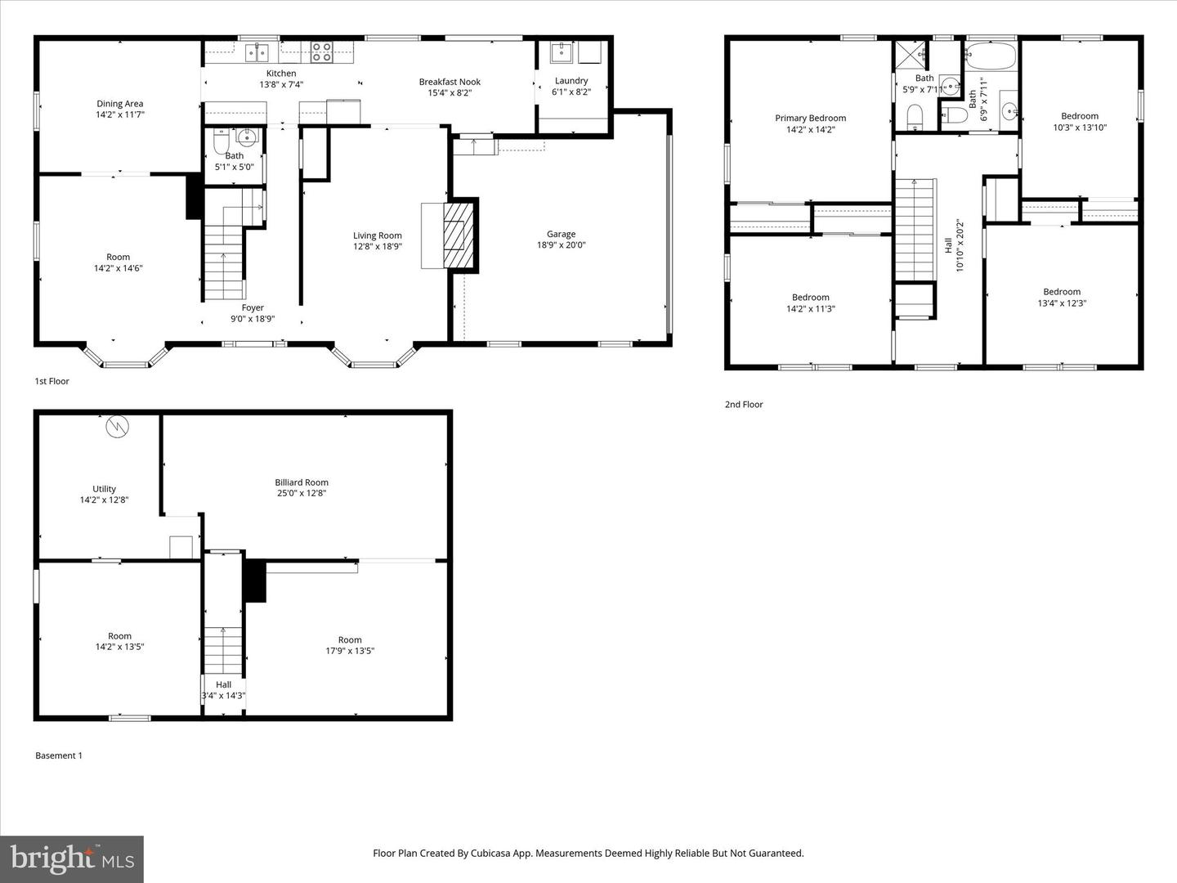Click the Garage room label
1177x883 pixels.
click(x=561, y=235)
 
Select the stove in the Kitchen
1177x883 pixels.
click(x=321, y=52)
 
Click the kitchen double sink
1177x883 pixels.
click(x=257, y=53)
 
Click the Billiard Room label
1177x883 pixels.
click(x=302, y=482)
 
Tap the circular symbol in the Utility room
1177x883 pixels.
click(x=118, y=426)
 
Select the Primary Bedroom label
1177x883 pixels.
click(x=810, y=119)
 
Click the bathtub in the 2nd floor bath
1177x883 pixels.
click(x=990, y=56)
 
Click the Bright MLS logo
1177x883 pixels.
click(x=72, y=858)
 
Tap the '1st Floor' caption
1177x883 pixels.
click(x=51, y=381)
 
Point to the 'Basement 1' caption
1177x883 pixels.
click(x=59, y=755)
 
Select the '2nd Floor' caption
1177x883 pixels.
click(x=744, y=404)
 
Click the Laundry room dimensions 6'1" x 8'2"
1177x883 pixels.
click(x=571, y=92)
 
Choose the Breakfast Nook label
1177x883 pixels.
click(x=450, y=82)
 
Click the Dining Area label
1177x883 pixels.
click(x=120, y=104)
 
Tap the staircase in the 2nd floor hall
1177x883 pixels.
click(x=915, y=229)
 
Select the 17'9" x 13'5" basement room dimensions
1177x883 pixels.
click(x=350, y=651)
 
